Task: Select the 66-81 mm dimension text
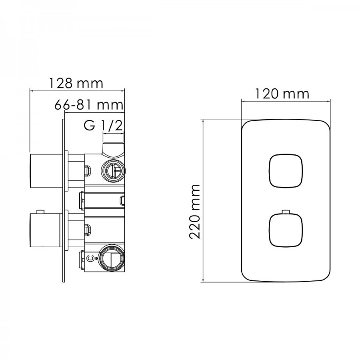point(89,105)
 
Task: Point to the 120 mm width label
point(282,94)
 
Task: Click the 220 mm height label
point(195,211)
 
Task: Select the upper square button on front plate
point(286,171)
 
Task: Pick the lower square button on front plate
point(286,230)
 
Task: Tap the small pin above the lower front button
point(286,212)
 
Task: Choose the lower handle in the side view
point(46,230)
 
